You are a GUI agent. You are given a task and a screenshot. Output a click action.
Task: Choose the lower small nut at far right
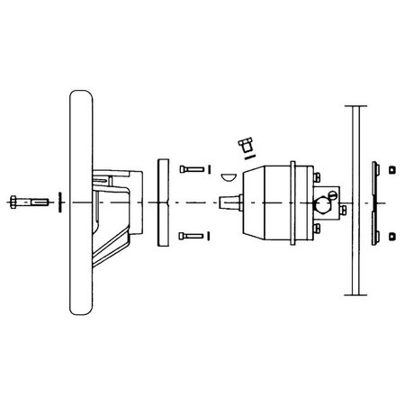[393, 236]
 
